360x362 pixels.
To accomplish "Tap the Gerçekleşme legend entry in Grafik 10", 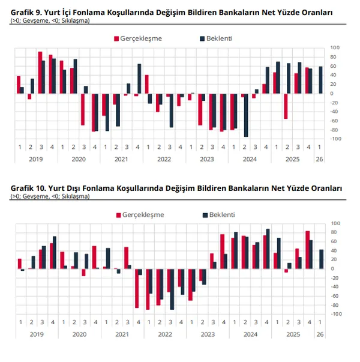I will (144, 214).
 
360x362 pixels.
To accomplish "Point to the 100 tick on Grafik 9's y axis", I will (335, 47).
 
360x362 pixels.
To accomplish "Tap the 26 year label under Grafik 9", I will (319, 159).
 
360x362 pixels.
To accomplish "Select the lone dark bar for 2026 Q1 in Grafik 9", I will (321, 80).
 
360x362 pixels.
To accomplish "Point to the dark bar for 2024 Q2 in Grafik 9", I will (246, 115).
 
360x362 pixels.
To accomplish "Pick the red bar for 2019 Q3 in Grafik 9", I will (40, 73).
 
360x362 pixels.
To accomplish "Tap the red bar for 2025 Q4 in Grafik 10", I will (307, 249).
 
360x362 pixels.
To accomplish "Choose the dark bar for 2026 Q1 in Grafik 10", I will (321, 259).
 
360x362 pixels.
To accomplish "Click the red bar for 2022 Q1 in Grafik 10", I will (148, 289).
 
